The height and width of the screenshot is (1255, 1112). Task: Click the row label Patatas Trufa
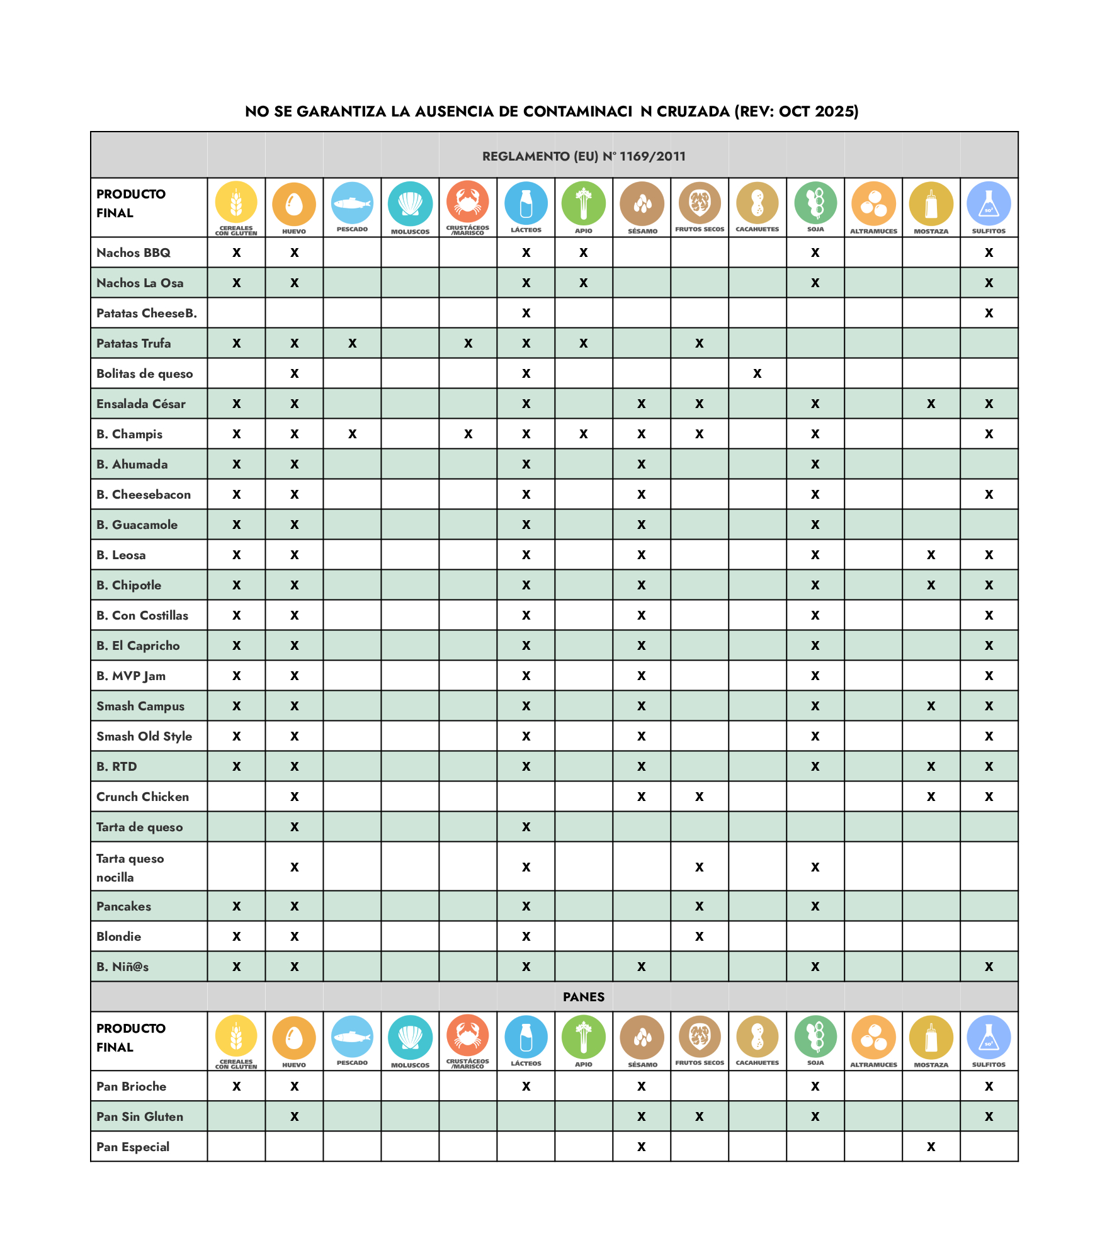[133, 343]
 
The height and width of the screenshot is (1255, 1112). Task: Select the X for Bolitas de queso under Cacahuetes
[757, 373]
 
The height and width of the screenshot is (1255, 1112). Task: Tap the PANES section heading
[583, 997]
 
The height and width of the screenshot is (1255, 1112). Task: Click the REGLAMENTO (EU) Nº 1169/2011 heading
[583, 156]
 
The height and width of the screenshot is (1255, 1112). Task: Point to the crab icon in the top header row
[468, 202]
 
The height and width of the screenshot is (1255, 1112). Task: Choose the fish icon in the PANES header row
[352, 1036]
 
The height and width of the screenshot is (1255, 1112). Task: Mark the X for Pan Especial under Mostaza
[931, 1147]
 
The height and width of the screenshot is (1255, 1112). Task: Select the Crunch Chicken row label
[142, 797]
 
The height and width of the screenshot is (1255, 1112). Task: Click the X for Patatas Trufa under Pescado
[352, 343]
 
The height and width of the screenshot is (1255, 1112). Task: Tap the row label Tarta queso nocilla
[130, 867]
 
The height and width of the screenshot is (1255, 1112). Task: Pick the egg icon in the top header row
[294, 203]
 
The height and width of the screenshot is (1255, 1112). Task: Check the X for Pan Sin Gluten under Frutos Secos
[699, 1116]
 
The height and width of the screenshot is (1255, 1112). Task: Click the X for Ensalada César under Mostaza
[931, 404]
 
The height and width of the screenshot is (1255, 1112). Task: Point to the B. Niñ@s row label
[122, 967]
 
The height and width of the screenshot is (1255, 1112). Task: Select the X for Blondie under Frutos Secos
[699, 936]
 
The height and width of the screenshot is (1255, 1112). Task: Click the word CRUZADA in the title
[693, 111]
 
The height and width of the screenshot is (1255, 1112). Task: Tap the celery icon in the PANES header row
[583, 1037]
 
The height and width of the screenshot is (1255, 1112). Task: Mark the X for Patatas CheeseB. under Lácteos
[526, 313]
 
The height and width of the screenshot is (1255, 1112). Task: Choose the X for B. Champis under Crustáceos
[468, 434]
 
